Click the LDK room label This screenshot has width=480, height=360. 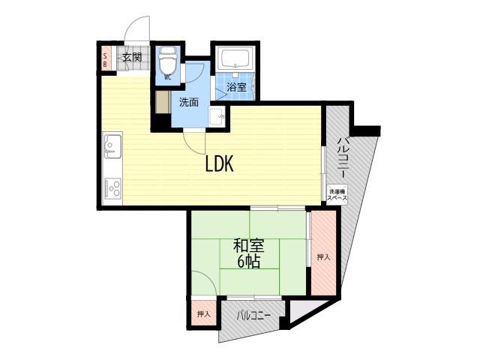(219, 163)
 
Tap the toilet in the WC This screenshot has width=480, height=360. (167, 60)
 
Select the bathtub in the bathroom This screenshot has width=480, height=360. (235, 58)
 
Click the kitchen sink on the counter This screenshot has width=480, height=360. (112, 145)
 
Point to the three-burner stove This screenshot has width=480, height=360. (112, 188)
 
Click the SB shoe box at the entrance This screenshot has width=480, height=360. (105, 60)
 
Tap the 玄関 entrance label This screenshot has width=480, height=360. (133, 58)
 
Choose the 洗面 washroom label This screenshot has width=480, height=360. (189, 102)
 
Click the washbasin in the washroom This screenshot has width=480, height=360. (217, 116)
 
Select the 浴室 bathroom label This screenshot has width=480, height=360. (236, 87)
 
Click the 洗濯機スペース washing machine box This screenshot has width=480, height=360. (337, 195)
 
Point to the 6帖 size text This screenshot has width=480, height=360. (248, 262)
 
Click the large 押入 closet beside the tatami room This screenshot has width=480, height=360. (323, 253)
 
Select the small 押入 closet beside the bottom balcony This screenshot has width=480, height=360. (203, 313)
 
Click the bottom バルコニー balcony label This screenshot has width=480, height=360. (253, 315)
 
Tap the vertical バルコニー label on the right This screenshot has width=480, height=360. (342, 157)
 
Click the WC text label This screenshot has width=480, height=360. (168, 77)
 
